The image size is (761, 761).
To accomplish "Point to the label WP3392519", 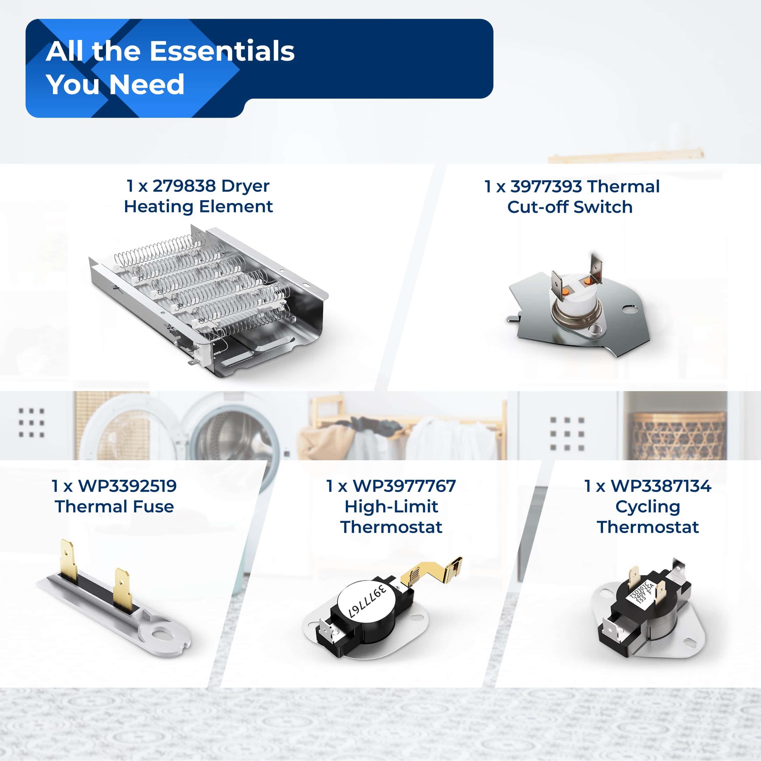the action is point(127,486).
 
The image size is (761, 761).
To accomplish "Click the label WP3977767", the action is point(404,486).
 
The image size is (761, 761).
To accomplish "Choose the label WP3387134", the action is point(661,486).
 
